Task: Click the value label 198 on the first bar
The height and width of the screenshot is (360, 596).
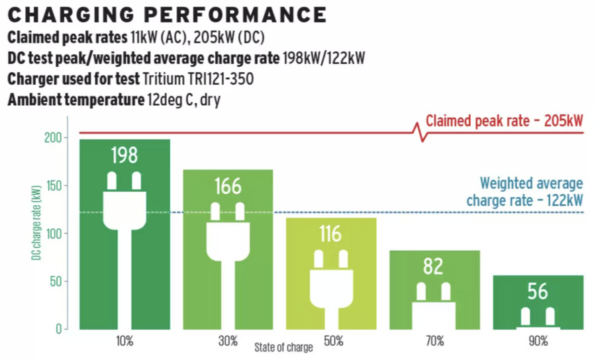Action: point(124,156)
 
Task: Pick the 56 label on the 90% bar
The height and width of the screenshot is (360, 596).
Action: point(537,291)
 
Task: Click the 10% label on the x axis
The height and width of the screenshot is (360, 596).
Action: point(124,341)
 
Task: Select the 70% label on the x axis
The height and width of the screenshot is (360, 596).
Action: point(435,341)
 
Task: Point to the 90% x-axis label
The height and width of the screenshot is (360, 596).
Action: point(538,341)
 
